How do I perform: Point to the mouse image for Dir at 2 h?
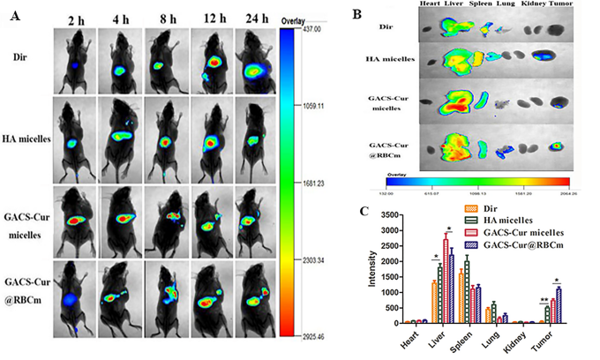click(x=77, y=61)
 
